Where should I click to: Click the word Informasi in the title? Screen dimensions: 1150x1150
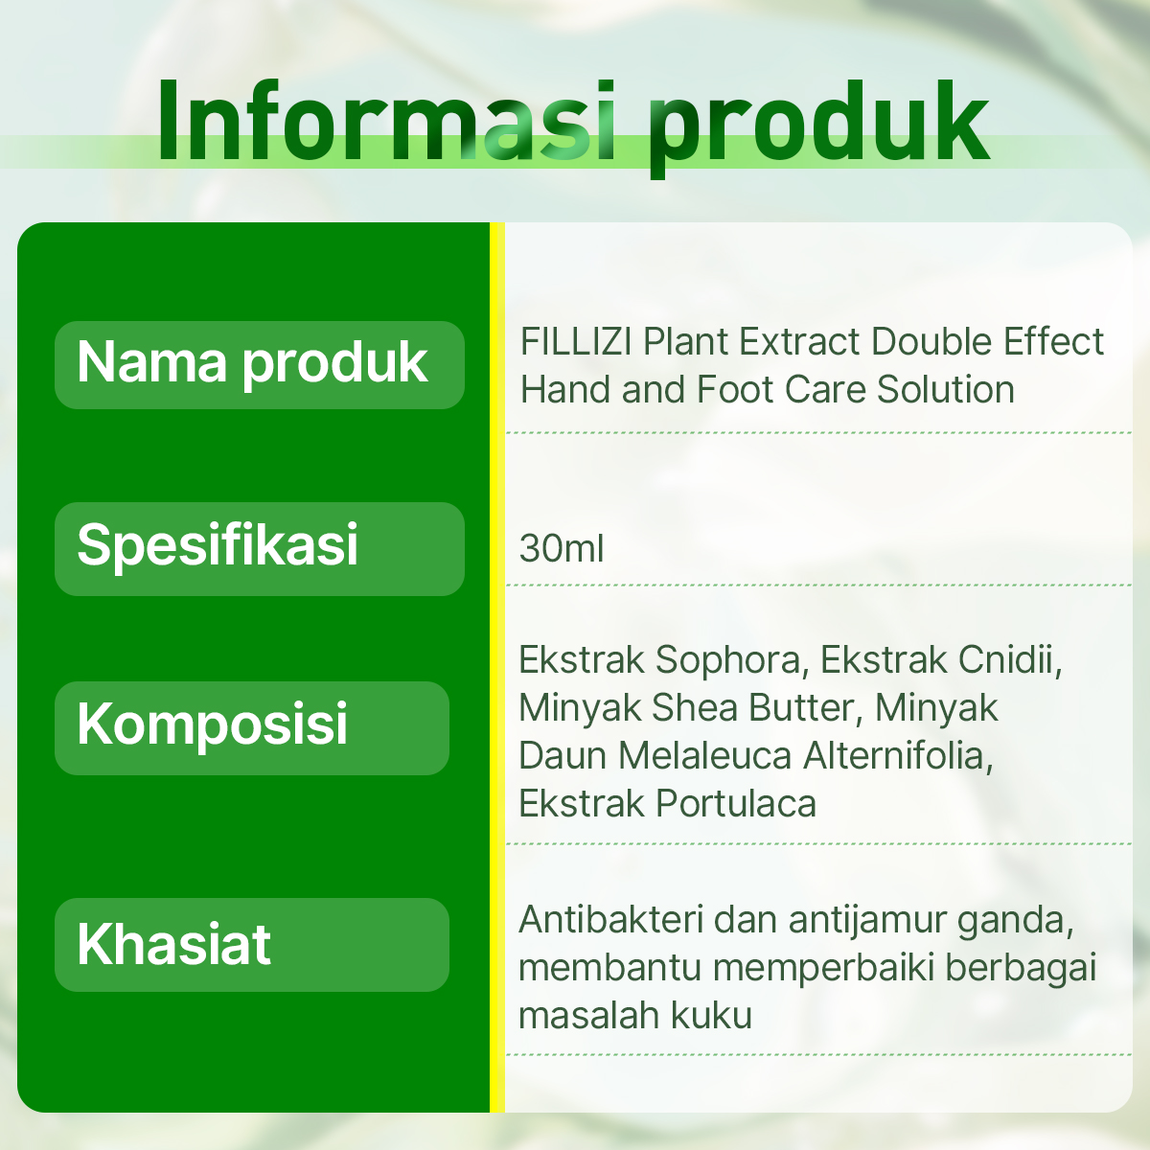click(386, 121)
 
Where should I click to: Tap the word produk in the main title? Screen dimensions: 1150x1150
click(818, 127)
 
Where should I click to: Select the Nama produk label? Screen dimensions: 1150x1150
click(252, 363)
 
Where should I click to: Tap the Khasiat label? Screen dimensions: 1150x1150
click(173, 944)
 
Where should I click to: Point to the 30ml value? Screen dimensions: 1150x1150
click(562, 549)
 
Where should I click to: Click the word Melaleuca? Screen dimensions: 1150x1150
click(704, 756)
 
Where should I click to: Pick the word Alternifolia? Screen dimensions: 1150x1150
click(898, 756)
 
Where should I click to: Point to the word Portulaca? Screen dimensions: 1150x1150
click(736, 804)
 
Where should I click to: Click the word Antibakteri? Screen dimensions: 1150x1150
click(610, 919)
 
